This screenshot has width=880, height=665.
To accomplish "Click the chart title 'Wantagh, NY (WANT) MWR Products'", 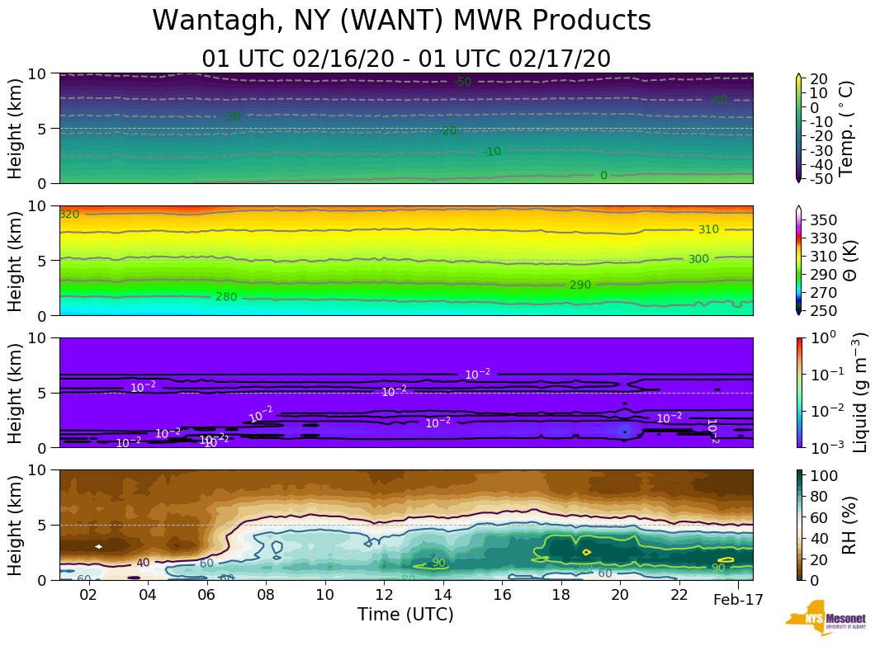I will coord(402,21).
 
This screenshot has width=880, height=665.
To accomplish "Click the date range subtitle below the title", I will coord(406,59).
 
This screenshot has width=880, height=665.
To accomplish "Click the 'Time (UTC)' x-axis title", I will coord(405,615).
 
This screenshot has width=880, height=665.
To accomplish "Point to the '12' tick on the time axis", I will coord(384,596).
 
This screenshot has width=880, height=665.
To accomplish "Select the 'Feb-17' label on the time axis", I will coord(738,600).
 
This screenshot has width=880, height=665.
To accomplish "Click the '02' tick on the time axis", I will coord(89,596).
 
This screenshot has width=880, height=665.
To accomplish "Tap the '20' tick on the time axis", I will coord(620,596).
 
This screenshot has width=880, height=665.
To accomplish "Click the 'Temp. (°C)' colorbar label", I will coord(846,128).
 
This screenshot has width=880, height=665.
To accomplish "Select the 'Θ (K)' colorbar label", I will coord(847,260).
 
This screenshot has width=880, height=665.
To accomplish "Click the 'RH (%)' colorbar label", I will coord(847,525).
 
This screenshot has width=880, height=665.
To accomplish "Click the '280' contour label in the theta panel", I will coord(226,297).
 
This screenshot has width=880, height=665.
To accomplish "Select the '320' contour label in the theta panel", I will coord(69,215).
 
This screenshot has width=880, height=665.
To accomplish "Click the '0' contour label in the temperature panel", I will coord(603,176).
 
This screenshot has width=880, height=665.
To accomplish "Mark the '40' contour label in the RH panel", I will coord(143,563).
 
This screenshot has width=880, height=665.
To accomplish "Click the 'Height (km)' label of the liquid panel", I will coord(16,392).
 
